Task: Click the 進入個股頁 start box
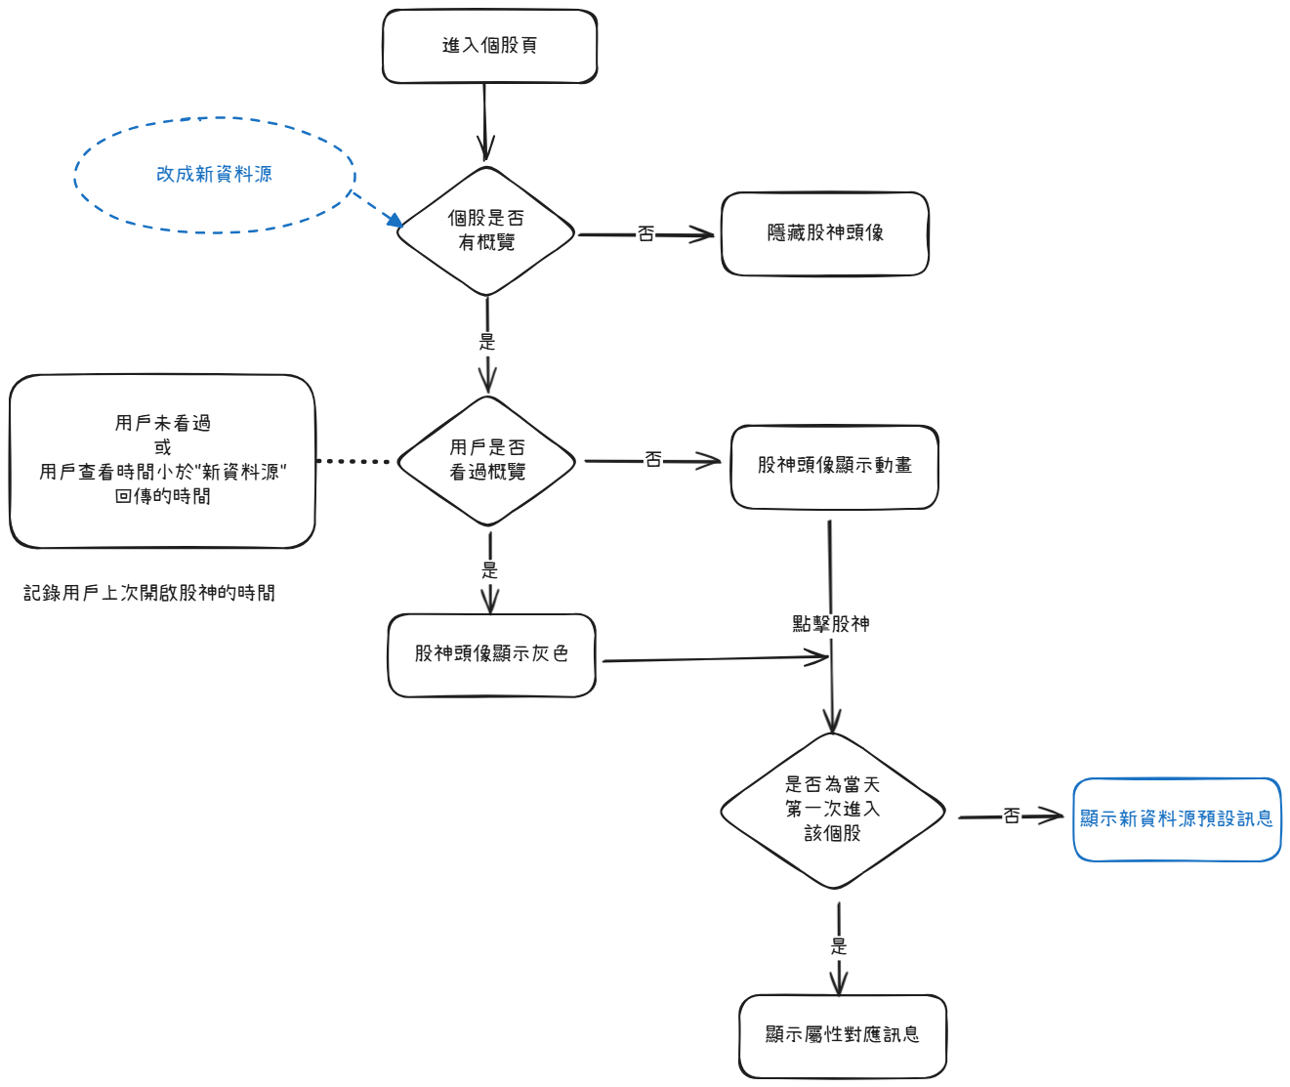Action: (489, 46)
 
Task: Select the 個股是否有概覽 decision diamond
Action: (486, 231)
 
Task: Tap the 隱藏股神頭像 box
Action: (825, 233)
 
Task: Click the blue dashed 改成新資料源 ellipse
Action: (215, 175)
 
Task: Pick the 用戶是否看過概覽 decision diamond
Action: (487, 460)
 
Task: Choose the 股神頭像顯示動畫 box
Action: (835, 466)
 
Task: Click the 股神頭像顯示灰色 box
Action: (491, 654)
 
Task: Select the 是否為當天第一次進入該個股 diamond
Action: (833, 810)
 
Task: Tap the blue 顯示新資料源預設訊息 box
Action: (1177, 819)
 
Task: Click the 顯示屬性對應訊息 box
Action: (843, 1035)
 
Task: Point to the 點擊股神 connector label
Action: (831, 624)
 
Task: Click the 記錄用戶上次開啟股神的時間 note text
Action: (149, 593)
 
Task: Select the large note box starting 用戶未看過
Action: (162, 460)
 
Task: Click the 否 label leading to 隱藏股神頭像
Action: (645, 234)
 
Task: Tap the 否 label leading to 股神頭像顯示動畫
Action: (652, 460)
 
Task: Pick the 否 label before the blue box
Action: (1012, 816)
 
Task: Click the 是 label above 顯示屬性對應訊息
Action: (839, 945)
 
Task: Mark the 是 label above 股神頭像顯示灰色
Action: (489, 570)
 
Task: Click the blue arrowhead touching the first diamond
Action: (395, 221)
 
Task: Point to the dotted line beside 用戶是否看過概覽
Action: (353, 461)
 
